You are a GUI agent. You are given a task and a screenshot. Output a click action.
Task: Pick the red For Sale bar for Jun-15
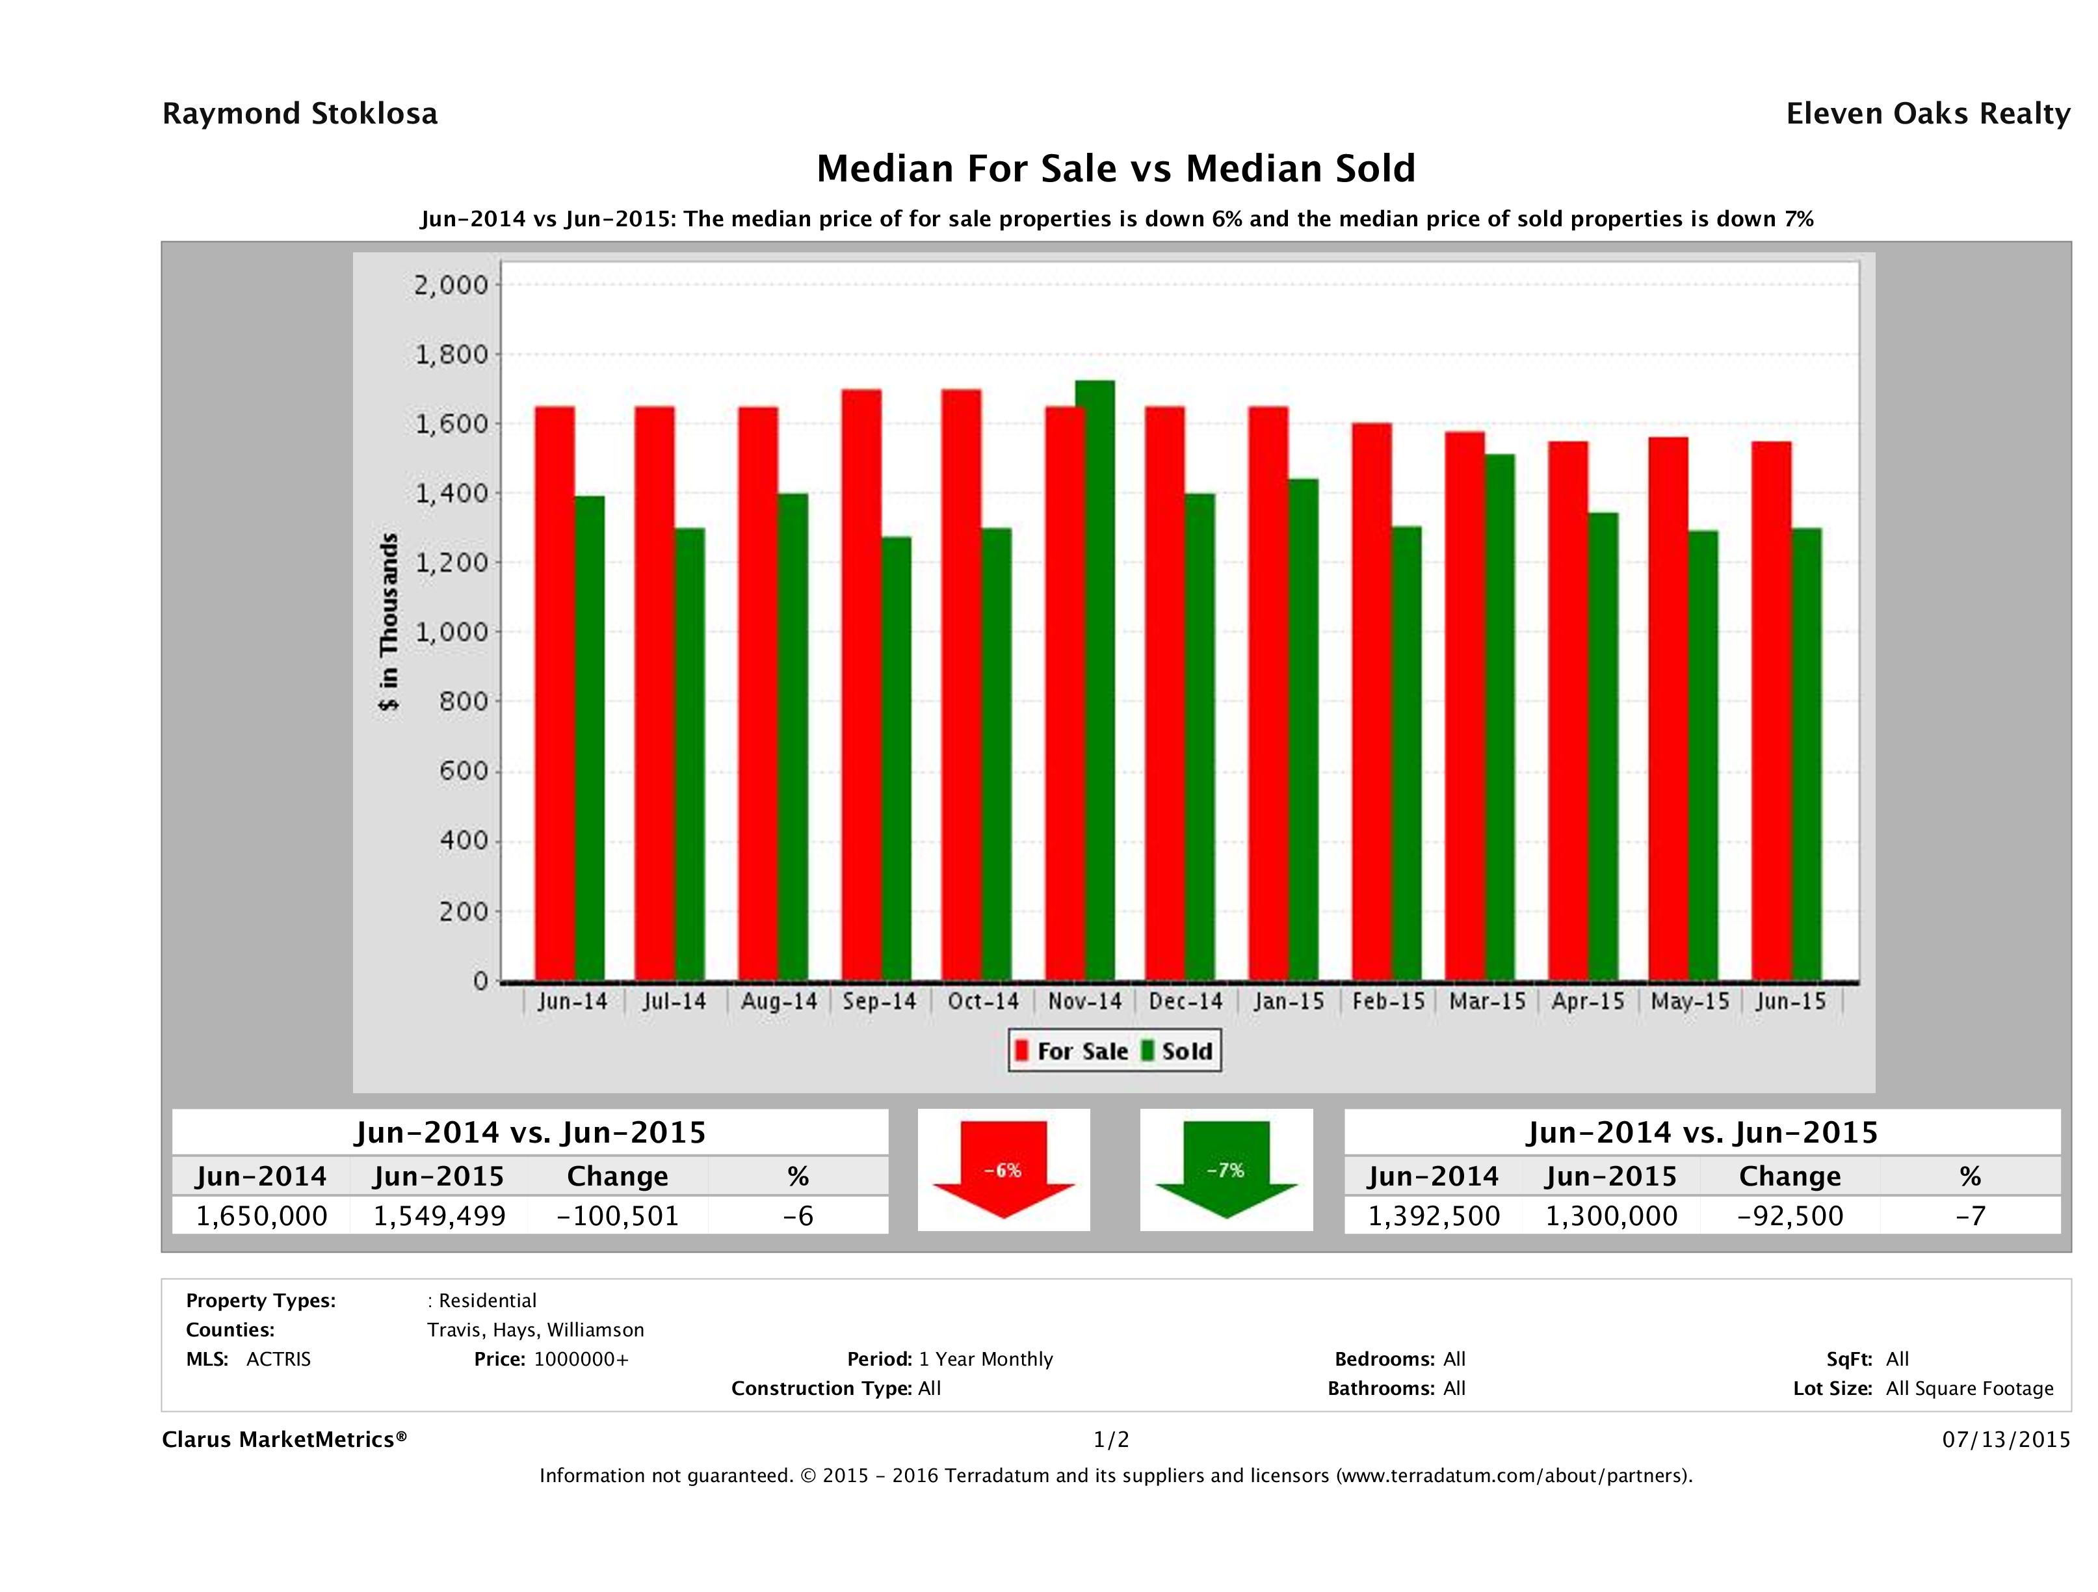(x=1771, y=711)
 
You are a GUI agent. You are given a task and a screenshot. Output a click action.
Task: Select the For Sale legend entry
(x=1072, y=1051)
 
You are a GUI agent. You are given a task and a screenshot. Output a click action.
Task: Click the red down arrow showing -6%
(x=1003, y=1170)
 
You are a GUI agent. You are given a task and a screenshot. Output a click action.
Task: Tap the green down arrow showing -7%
(x=1226, y=1170)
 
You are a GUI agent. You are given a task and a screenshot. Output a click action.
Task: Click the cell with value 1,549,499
(x=439, y=1215)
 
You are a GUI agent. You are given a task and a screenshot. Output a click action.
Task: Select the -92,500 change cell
(x=1790, y=1215)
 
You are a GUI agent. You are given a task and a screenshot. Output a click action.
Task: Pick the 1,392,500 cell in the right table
(x=1433, y=1215)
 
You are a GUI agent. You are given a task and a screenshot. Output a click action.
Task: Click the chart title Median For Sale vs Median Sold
(x=1116, y=169)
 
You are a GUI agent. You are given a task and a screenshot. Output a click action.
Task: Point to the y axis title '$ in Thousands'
(x=389, y=622)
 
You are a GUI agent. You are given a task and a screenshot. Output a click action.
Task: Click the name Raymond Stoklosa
(x=300, y=114)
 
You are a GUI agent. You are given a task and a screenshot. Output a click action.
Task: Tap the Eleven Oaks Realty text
(x=1927, y=114)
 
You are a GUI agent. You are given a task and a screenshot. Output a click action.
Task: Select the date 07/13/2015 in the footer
(x=2006, y=1439)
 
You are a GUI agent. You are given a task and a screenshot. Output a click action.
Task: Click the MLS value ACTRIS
(x=278, y=1359)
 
